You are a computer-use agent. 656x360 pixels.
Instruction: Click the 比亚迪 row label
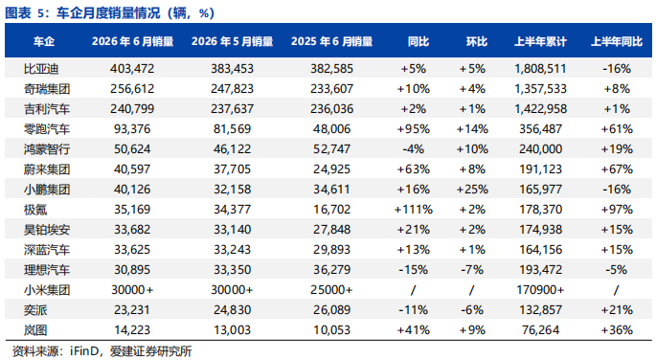coord(41,69)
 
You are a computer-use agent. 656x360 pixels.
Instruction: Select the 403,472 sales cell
coord(132,69)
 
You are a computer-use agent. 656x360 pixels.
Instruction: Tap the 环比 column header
coord(477,41)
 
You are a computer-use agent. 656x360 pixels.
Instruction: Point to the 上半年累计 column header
coord(540,41)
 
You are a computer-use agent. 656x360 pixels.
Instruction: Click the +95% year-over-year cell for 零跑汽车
coord(414,129)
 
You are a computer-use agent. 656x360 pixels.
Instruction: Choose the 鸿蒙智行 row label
coord(46,149)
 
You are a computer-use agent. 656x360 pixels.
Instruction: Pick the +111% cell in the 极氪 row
coord(414,209)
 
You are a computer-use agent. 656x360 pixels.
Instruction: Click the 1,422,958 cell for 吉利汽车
coord(540,109)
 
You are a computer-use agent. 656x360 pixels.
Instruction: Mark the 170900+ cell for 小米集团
coord(540,290)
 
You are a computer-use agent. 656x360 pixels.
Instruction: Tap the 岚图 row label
coord(35,330)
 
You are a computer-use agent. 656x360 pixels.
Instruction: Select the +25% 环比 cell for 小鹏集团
coord(472,189)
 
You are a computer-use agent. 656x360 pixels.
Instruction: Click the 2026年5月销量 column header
coord(232,41)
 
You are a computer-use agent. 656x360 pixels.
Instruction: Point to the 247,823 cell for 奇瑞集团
coord(232,89)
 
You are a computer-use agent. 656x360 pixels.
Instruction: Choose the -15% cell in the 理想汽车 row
coord(414,270)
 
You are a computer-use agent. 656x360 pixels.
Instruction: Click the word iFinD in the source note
coord(83,350)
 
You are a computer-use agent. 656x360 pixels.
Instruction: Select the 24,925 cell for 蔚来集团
coord(331,169)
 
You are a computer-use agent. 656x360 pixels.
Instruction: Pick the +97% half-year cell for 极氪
coord(617,209)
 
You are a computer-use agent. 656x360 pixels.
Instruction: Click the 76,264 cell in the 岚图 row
coord(540,330)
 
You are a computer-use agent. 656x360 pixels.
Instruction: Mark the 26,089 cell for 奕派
coord(331,310)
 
